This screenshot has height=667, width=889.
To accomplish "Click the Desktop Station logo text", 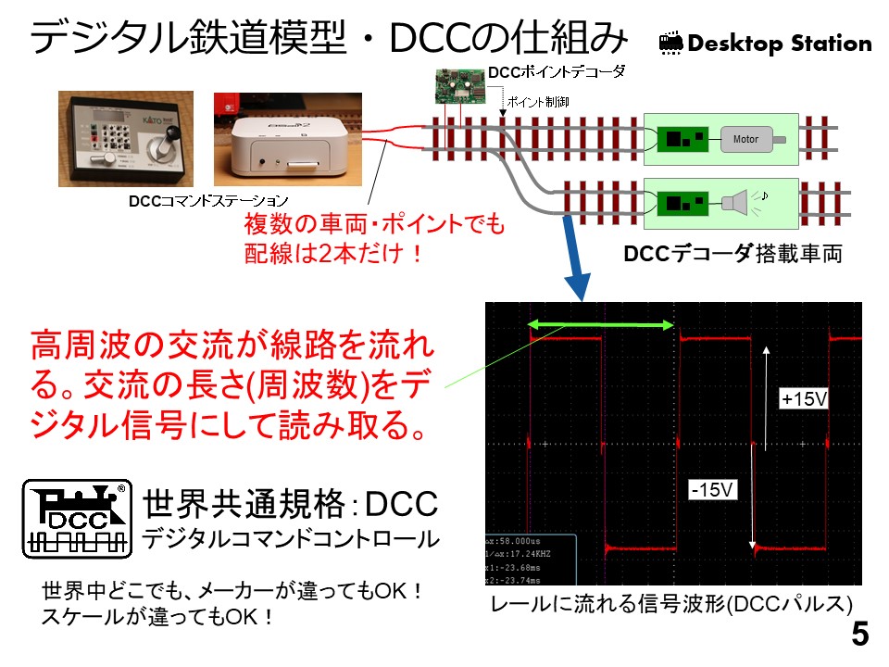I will pyautogui.click(x=765, y=44).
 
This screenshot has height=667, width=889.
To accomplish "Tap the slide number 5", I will pyautogui.click(x=860, y=636).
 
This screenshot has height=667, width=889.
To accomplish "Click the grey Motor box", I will pyautogui.click(x=746, y=139).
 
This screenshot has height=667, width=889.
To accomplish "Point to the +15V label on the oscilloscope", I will pyautogui.click(x=803, y=399).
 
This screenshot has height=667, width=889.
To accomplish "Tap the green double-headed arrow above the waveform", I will pyautogui.click(x=600, y=324).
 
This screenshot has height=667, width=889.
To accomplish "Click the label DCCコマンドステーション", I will pyautogui.click(x=208, y=200).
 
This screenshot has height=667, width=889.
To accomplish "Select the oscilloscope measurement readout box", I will pyautogui.click(x=531, y=560).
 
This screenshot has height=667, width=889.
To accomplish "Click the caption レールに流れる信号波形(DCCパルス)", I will pyautogui.click(x=671, y=604).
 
